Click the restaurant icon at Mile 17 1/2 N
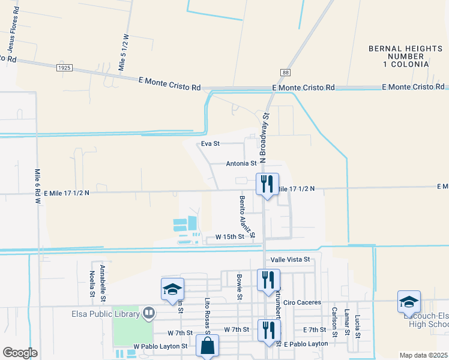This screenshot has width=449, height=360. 267,184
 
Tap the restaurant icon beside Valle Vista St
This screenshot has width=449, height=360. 268,279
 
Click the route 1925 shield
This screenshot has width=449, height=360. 65,68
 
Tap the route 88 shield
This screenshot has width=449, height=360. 285,73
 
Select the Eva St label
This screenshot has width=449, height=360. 211,144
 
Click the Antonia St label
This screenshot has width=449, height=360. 241,163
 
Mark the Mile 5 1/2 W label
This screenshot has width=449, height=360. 124,53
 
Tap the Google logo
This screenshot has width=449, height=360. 20,353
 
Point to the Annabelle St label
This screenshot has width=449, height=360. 103,282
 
